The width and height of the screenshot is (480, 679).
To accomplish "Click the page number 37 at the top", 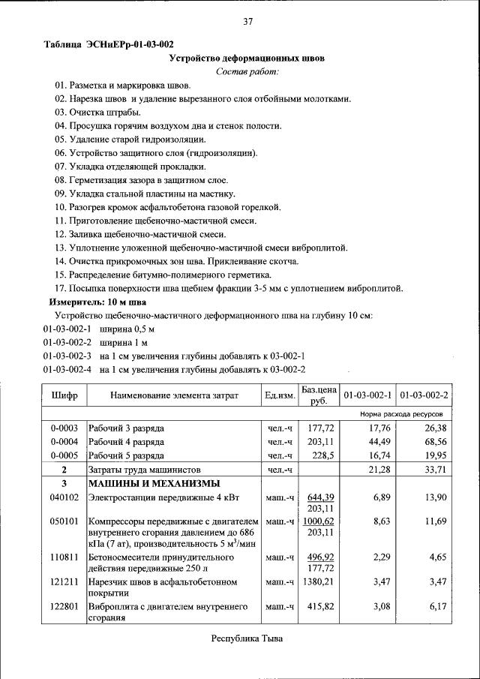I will point(247,21).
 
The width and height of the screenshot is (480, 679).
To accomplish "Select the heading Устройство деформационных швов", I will point(247,58).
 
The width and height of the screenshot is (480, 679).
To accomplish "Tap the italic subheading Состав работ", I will point(247,71).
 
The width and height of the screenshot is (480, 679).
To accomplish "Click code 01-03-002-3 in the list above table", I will point(67,355).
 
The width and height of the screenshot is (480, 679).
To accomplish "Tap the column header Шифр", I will point(64,395).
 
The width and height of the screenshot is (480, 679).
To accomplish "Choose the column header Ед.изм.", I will point(280,395).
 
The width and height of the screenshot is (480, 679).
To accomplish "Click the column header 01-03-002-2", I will point(424,395).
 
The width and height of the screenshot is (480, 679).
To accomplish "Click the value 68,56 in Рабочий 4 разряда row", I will point(435,441).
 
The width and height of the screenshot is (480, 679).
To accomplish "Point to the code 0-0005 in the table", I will point(64,455).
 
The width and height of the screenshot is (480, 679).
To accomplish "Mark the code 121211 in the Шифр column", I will point(64,581).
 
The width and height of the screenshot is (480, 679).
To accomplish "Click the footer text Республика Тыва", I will point(247,638).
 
